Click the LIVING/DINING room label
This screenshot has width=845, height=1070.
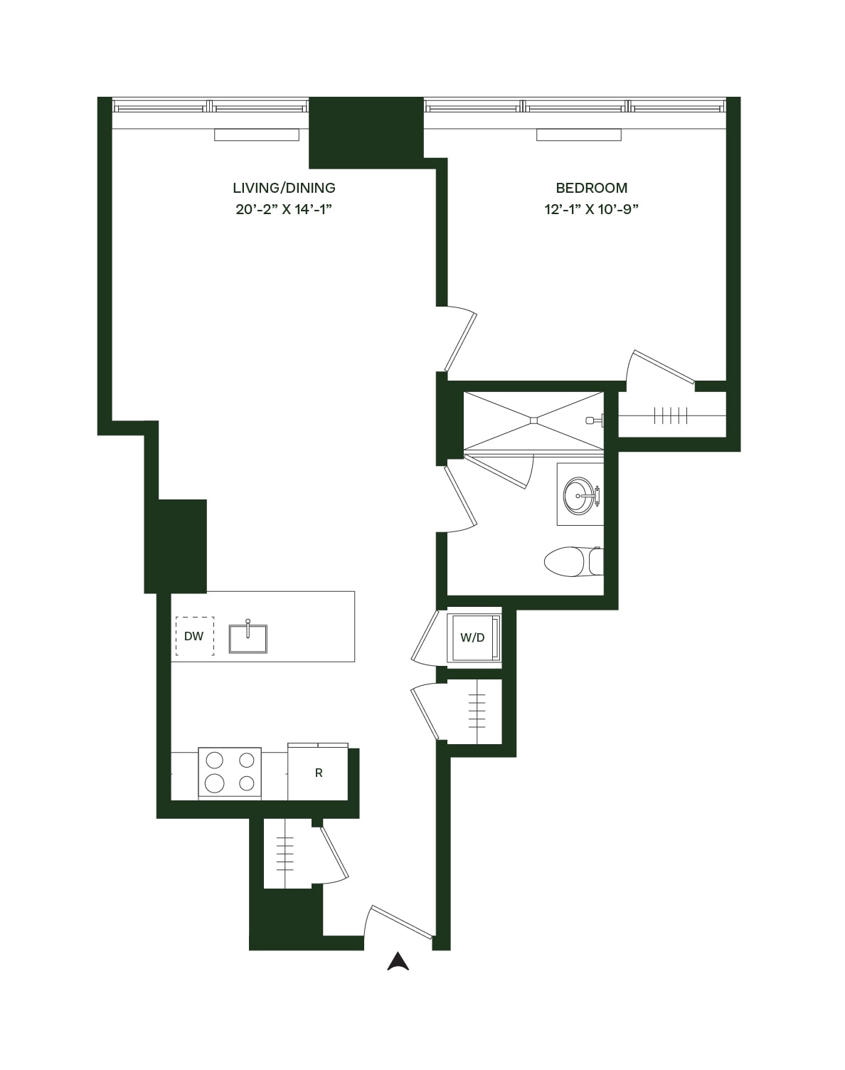pyautogui.click(x=284, y=188)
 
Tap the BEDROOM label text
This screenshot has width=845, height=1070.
pyautogui.click(x=591, y=188)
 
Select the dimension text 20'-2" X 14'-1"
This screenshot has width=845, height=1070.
pyautogui.click(x=284, y=209)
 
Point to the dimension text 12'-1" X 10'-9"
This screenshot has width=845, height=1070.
pyautogui.click(x=591, y=209)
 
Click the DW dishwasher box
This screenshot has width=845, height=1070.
pyautogui.click(x=194, y=636)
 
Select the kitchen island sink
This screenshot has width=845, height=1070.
pyautogui.click(x=248, y=637)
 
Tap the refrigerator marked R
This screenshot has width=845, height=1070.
pyautogui.click(x=318, y=773)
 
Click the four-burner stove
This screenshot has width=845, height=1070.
pyautogui.click(x=230, y=773)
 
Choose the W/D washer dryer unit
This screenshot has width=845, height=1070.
pyautogui.click(x=473, y=637)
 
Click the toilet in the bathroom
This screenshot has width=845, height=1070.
pyautogui.click(x=573, y=561)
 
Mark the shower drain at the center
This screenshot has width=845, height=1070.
pyautogui.click(x=533, y=420)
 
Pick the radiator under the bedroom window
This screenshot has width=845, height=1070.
pyautogui.click(x=578, y=134)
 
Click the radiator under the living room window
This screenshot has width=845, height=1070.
pyautogui.click(x=257, y=134)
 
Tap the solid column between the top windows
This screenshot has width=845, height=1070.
pyautogui.click(x=366, y=132)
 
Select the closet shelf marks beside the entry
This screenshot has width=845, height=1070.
pyautogui.click(x=285, y=853)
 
